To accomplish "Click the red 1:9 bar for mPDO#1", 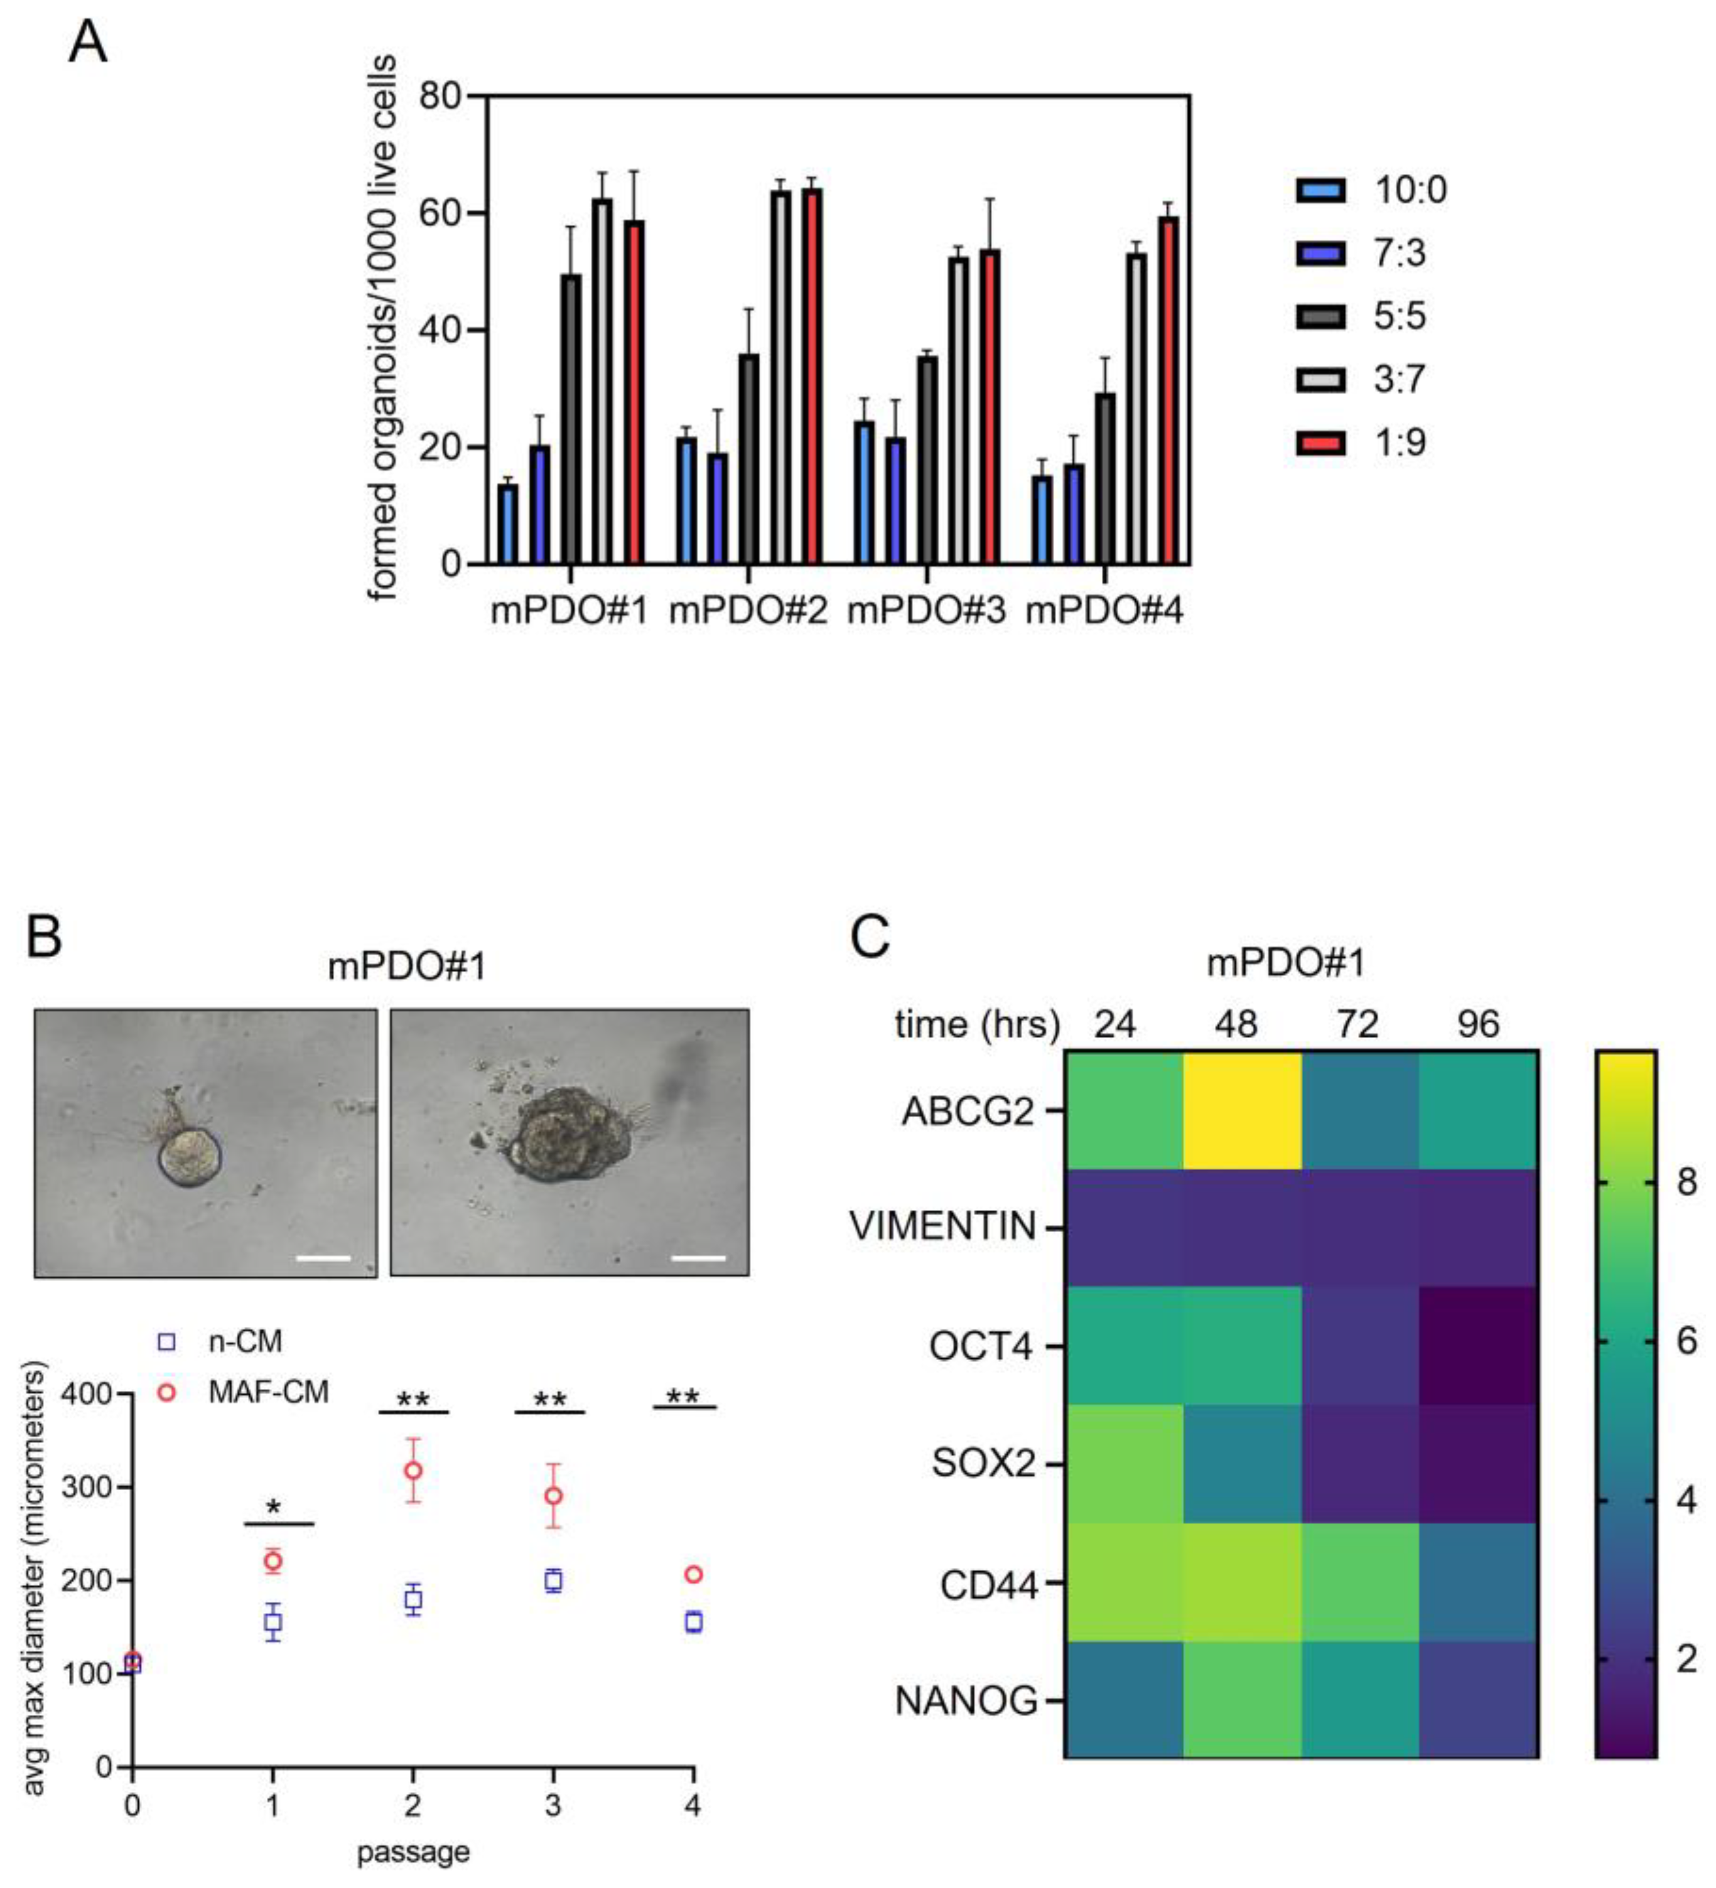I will click(x=634, y=394).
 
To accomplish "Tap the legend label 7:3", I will click(x=1400, y=253).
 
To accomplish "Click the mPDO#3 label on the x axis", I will click(x=925, y=611).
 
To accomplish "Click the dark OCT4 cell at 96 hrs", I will click(x=1477, y=1346).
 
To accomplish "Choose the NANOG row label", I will click(x=966, y=1700).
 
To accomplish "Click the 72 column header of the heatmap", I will click(x=1357, y=1024).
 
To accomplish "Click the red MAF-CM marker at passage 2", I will click(x=412, y=1471).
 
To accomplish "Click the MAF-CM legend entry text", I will click(x=268, y=1393).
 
